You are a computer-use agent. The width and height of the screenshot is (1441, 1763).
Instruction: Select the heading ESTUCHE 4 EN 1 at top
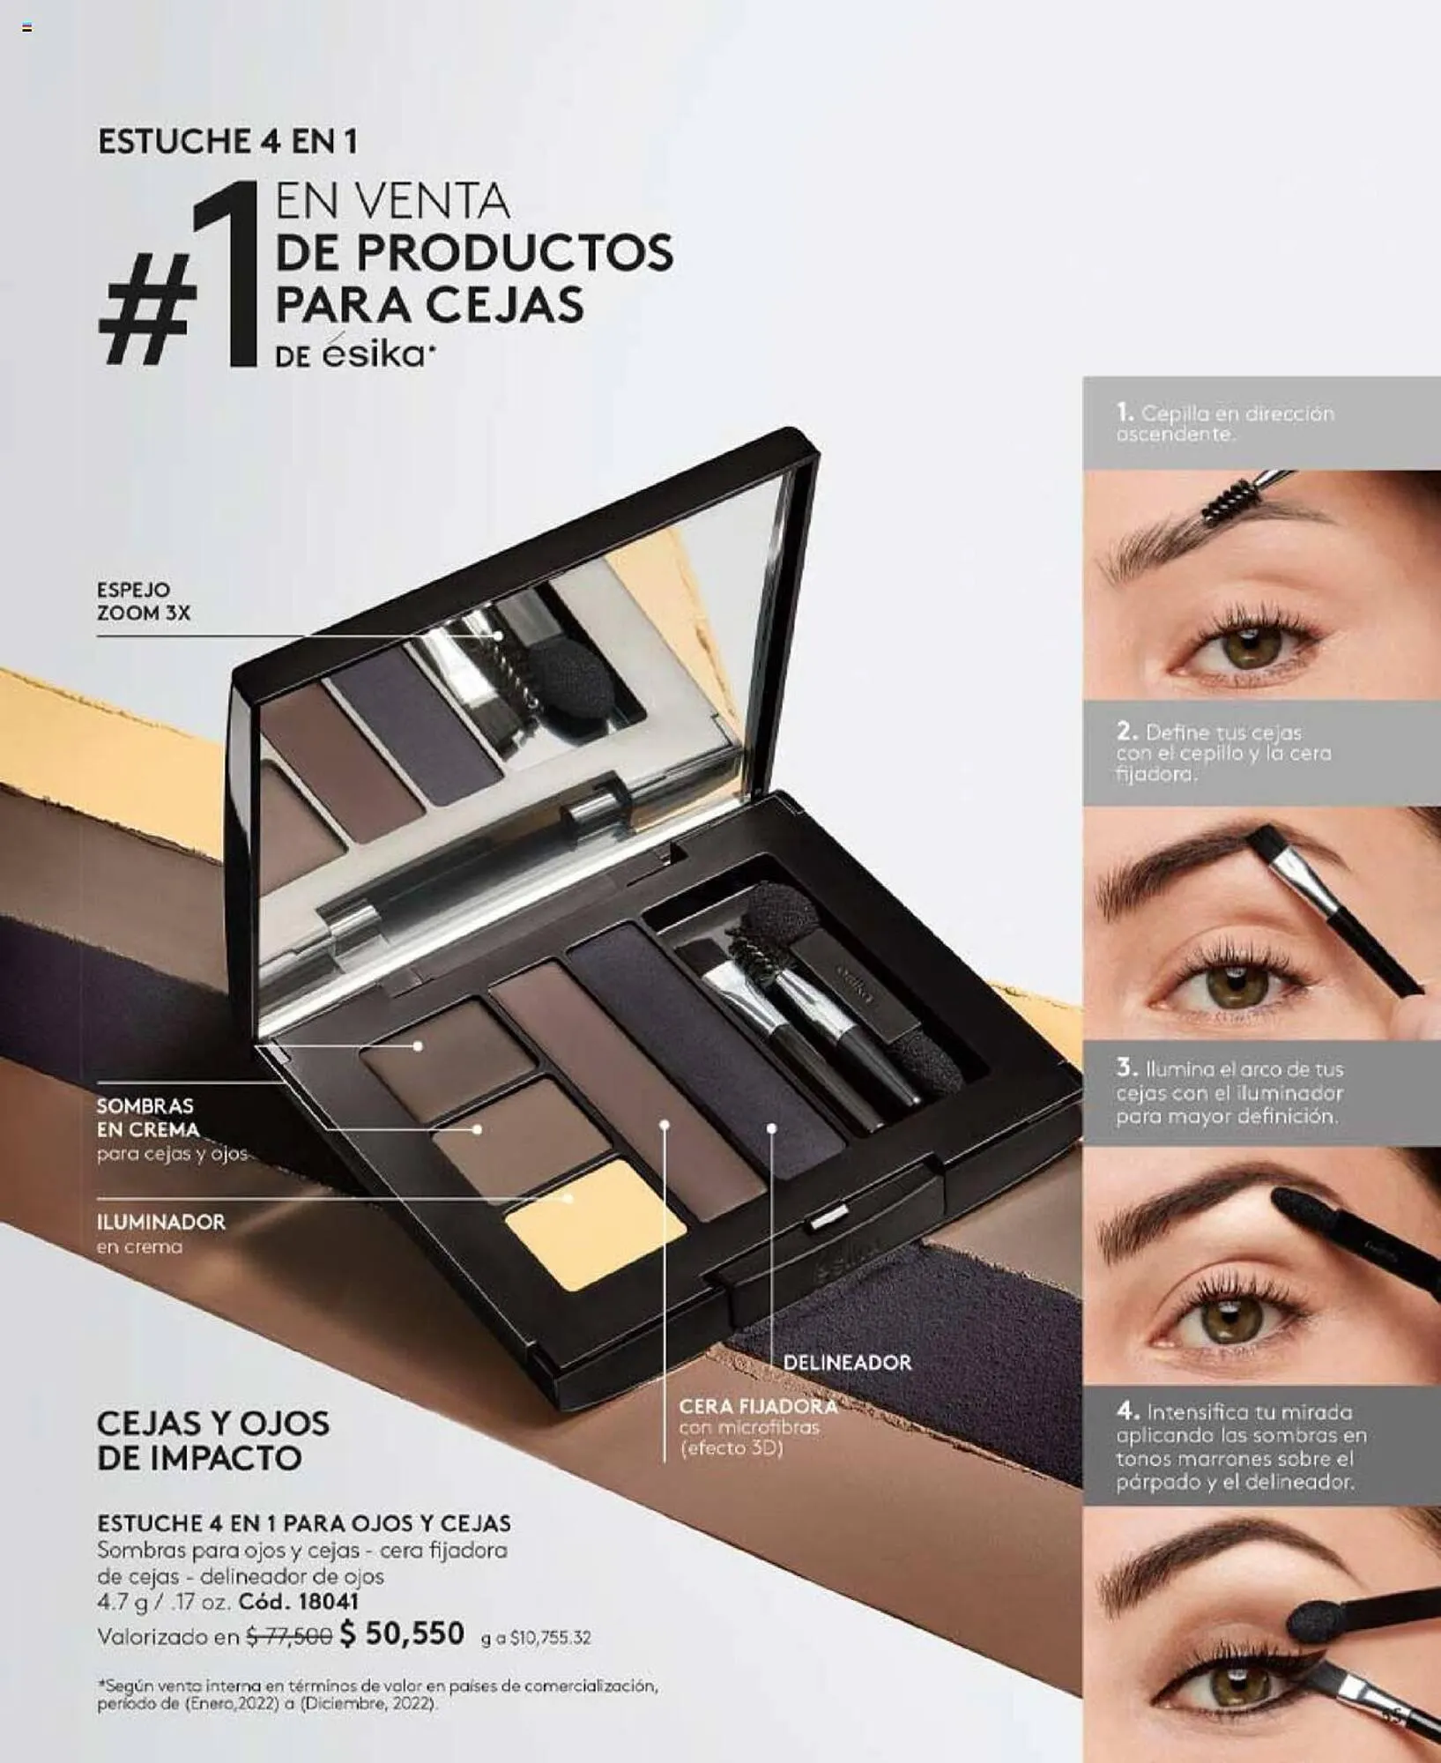pos(227,142)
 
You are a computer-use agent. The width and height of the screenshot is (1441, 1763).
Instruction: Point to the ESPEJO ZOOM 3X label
pos(143,601)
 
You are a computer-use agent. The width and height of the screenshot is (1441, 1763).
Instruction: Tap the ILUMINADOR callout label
pos(161,1222)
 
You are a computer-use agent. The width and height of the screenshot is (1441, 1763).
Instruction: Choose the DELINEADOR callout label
pos(847,1362)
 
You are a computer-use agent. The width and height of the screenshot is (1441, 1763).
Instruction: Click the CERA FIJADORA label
pos(758,1406)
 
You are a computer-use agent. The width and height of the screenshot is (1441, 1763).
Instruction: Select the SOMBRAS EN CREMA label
pos(147,1118)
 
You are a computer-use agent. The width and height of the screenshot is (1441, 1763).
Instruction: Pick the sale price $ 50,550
pos(402,1633)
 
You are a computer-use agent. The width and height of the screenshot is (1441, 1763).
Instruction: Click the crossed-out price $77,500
pos(288,1637)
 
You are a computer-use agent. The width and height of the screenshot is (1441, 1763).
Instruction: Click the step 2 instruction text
pos(1223,753)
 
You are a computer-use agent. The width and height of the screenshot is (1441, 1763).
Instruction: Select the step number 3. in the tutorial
pos(1126,1067)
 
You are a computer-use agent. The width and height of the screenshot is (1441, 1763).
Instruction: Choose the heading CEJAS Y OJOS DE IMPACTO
pos(213,1440)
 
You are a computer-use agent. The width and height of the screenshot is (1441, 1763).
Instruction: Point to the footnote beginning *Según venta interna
pos(377,1694)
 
